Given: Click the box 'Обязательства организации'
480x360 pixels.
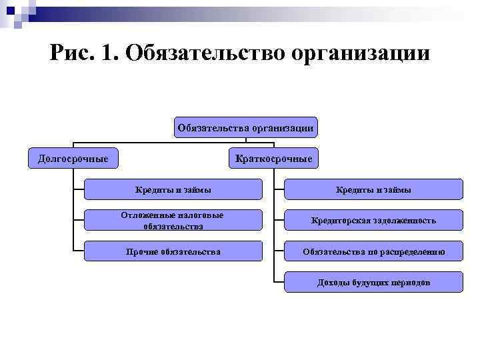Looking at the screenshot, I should point(246,127).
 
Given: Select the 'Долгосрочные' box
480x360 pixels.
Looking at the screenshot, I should point(73,158).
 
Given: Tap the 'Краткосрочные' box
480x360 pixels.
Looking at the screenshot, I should point(273,158).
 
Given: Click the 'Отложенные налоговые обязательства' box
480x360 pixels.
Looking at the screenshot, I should point(173,221).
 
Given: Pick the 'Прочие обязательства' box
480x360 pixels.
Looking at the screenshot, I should point(173,251).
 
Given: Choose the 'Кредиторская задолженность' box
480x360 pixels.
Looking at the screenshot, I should point(373,221).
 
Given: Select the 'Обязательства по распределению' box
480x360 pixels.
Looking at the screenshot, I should point(373,251).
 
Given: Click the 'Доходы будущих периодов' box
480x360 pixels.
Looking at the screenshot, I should point(373,283).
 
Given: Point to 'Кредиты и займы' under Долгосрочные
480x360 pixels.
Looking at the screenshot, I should point(173,190).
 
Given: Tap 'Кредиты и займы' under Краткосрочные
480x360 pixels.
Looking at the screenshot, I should point(373,190).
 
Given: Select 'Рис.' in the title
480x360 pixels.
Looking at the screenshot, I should point(71,52).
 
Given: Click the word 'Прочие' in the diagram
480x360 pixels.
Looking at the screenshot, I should point(142,251).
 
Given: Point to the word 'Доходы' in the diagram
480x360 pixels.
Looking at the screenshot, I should point(332,283).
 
